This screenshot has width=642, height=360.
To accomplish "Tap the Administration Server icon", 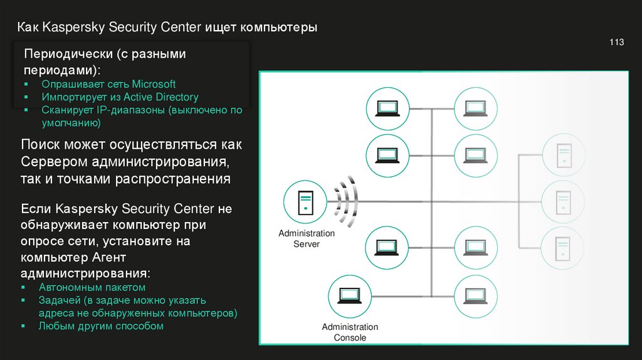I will pyautogui.click(x=304, y=203).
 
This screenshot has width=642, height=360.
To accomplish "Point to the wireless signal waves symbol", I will pyautogui.click(x=344, y=202).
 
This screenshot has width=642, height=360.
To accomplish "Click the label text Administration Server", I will pyautogui.click(x=307, y=238).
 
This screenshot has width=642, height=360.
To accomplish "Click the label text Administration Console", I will pyautogui.click(x=350, y=332).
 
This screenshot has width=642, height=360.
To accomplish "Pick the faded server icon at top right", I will pyautogui.click(x=562, y=156).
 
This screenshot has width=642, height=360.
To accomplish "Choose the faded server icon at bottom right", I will pyautogui.click(x=562, y=247).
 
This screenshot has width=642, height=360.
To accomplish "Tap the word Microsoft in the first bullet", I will pyautogui.click(x=154, y=84).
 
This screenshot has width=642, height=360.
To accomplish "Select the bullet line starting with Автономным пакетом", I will pyautogui.click(x=92, y=287).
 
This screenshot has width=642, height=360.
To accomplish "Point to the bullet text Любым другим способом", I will pyautogui.click(x=101, y=326).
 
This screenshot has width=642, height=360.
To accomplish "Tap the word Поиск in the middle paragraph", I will pyautogui.click(x=40, y=145).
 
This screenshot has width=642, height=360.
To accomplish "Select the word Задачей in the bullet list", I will pyautogui.click(x=57, y=300).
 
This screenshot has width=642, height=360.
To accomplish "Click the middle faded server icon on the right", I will pyautogui.click(x=562, y=201).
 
